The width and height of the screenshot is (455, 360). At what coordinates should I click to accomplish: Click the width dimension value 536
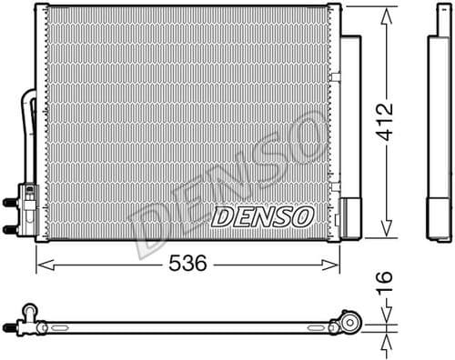[x=186, y=264]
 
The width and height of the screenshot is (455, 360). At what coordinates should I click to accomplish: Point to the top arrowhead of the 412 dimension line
[x=389, y=12]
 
